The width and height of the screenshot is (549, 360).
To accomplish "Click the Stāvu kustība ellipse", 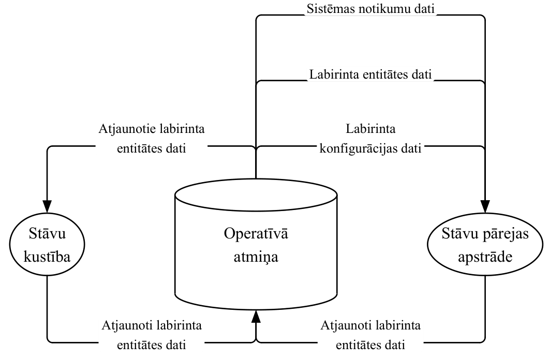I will coord(47,244).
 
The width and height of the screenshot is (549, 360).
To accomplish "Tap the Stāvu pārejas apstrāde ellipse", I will coord(485,244).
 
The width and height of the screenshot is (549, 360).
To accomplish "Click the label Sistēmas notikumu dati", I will coord(370,9).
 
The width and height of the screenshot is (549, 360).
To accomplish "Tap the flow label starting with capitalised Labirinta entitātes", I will coord(370,74).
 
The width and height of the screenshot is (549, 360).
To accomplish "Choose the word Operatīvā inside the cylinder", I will coord(256,233).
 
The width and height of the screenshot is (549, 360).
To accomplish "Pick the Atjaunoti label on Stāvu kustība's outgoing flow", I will coord(152,335).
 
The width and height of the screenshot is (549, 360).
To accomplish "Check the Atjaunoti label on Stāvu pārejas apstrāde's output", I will coord(370,335).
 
